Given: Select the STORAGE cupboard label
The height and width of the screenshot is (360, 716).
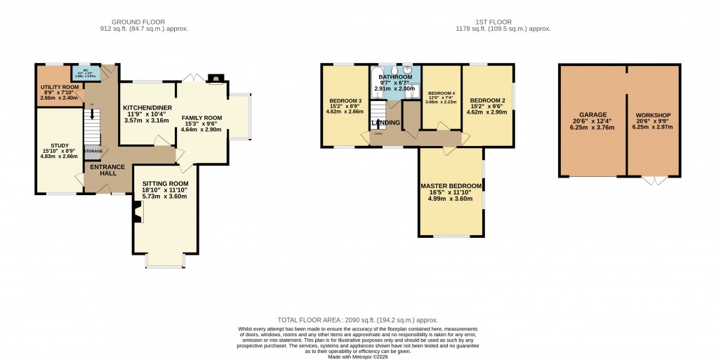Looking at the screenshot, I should (93, 151).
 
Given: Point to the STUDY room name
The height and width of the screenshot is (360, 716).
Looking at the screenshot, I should (60, 146).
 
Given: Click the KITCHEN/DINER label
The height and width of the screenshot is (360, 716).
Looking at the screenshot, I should (147, 108).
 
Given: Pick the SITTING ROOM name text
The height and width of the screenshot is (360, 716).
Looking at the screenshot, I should (166, 183).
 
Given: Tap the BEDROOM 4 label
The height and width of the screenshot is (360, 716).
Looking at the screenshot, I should (442, 93).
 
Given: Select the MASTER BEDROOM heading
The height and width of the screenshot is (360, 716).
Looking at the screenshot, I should (451, 186).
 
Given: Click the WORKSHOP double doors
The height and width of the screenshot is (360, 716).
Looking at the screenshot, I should (654, 181).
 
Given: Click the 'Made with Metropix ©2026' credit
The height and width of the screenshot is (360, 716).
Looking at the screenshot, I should (358, 356).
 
